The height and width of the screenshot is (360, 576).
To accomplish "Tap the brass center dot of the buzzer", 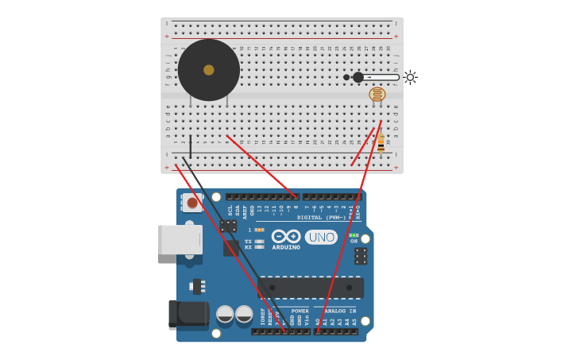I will point(209,70).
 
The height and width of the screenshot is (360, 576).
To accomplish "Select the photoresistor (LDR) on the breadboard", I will point(377,95).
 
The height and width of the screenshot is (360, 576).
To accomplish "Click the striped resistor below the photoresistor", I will point(381,143).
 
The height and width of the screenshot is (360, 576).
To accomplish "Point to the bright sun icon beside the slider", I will point(410,77).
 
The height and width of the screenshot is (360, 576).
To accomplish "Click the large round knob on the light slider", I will point(358,77).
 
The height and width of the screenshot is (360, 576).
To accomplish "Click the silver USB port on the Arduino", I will point(180,239).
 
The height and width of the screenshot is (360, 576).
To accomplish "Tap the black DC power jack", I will point(187,315).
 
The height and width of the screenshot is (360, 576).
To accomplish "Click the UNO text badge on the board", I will point(321,237).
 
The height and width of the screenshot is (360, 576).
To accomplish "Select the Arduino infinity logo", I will point(286,236).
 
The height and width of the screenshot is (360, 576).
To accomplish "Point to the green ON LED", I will point(354,235).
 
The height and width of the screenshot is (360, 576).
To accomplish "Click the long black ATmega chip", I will point(311,287).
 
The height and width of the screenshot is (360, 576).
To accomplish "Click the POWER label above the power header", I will point(300,312).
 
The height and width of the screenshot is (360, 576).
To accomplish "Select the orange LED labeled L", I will point(259,230).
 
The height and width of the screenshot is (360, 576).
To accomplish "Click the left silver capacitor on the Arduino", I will point(225,314).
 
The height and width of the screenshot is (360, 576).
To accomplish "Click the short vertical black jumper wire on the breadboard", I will point(190,147).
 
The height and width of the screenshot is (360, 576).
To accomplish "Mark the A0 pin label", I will point(318,322).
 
